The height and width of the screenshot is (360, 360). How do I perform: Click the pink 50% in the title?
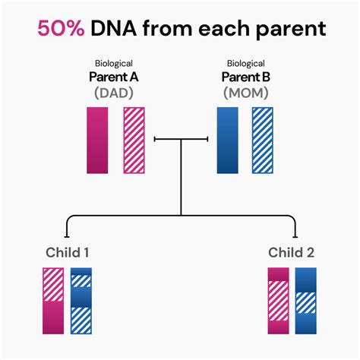tap(60, 30)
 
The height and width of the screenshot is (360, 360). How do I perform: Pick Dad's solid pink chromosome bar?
tap(97, 140)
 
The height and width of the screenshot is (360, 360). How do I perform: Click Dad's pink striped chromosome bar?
tap(133, 140)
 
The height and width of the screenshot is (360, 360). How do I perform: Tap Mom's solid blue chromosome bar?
tap(227, 140)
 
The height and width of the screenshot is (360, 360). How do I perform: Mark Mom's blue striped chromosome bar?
tap(263, 140)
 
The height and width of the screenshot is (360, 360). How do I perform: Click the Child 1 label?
tap(70, 252)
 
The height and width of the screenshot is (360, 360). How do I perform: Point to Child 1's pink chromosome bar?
tap(53, 301)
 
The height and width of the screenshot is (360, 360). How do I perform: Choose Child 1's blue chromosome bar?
tap(81, 301)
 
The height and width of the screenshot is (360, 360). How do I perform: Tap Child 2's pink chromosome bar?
tap(278, 301)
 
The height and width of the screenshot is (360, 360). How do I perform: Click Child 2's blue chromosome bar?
tap(305, 301)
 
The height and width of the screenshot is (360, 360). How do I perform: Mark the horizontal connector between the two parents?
tap(181, 139)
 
